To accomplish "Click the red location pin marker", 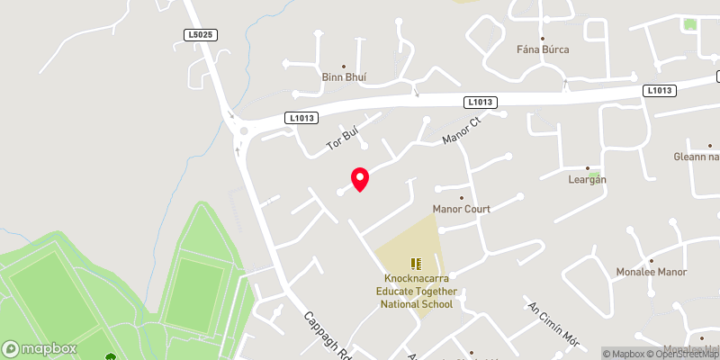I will click(359, 179).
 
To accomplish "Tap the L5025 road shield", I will click(201, 34).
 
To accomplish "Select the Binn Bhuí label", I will click(344, 77).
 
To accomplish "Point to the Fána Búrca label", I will click(543, 49).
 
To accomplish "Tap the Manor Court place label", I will click(462, 209).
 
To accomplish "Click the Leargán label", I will click(590, 179).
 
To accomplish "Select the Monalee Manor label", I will click(652, 272).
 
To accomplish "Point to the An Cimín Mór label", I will click(551, 323).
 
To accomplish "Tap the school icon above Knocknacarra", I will click(416, 264).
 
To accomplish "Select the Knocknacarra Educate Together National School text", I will click(416, 292).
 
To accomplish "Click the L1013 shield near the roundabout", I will click(301, 117).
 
